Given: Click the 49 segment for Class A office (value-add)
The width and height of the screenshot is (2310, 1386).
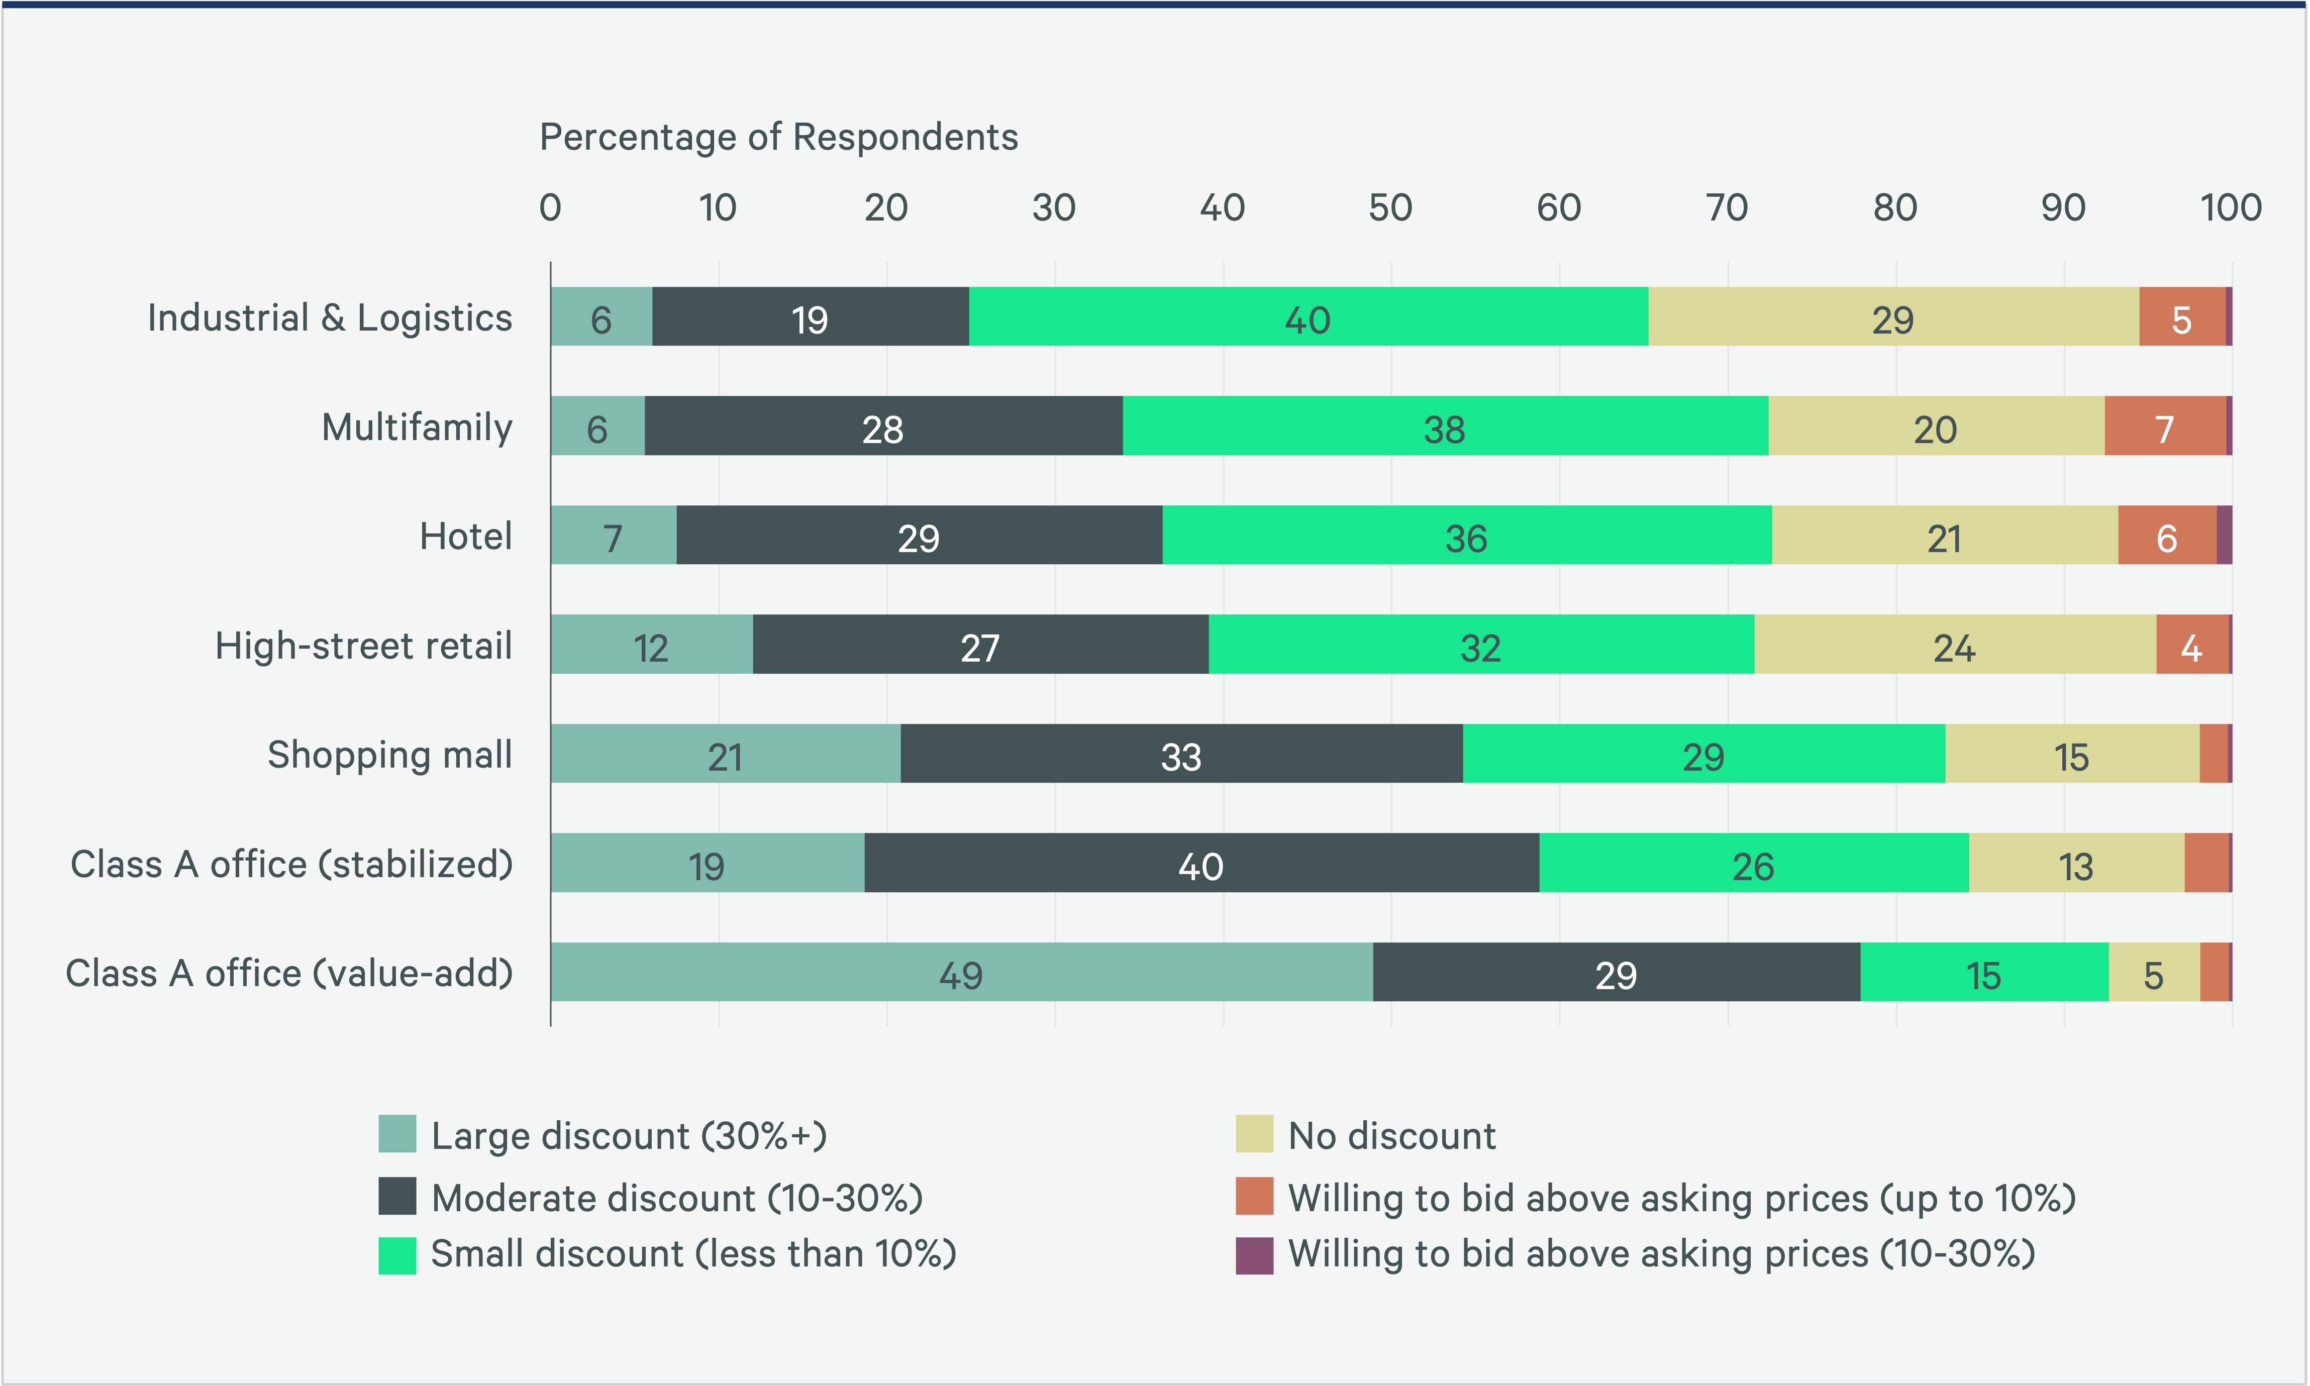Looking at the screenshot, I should point(961,972).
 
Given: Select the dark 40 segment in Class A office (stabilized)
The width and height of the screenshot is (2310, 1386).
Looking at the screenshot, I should point(1201,863).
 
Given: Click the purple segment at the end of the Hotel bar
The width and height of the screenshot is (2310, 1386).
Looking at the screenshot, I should point(2224,535).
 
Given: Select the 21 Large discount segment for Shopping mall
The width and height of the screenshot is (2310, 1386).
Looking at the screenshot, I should point(725,754).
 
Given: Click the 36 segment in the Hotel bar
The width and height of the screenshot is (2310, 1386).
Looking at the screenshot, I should point(1466,535).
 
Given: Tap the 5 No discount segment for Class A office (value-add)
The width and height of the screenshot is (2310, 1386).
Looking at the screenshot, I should point(2153,972).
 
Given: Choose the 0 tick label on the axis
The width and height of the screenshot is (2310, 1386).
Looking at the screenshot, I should point(550,207).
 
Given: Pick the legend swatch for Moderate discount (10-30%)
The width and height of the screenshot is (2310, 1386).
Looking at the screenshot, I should point(397,1197).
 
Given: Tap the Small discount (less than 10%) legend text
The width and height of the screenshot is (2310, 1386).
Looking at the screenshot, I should point(693,1254).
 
